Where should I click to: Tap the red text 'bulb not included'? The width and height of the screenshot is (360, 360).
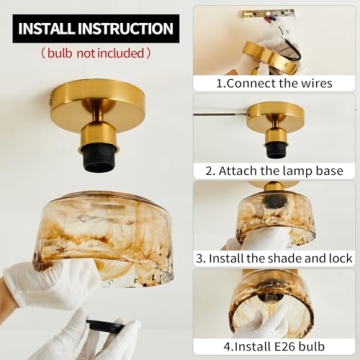(95, 52)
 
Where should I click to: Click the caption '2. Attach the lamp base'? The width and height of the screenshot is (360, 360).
(275, 171)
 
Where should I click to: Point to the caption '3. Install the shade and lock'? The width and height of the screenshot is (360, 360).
(275, 257)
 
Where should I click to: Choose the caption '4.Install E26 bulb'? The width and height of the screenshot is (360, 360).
(275, 346)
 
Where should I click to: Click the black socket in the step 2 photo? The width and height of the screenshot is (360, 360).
(274, 148)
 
